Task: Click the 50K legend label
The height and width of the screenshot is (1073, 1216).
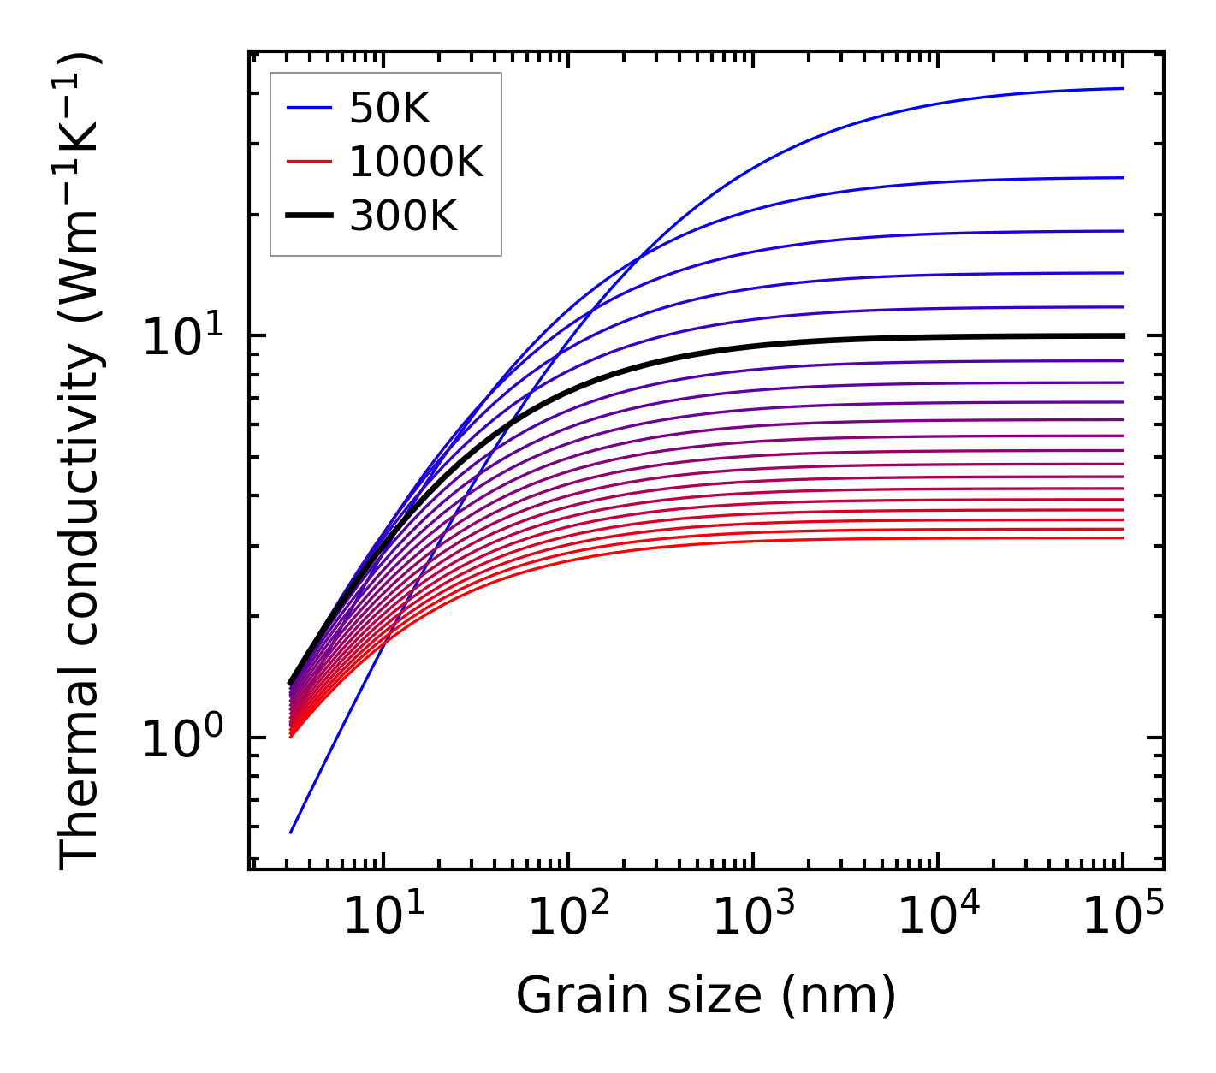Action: [x=389, y=109]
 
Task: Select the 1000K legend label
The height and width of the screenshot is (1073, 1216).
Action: [x=416, y=163]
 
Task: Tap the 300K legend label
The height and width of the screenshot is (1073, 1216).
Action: [x=403, y=217]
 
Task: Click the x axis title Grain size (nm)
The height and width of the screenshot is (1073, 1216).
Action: [x=706, y=996]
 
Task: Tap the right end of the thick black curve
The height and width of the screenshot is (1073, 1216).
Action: [x=1122, y=335]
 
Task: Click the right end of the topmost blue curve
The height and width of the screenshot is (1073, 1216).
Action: [x=1122, y=88]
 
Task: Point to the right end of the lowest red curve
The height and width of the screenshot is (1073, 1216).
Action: [x=1122, y=537]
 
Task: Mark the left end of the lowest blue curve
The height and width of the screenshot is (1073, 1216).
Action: [x=291, y=833]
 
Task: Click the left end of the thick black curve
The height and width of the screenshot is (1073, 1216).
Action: [x=291, y=683]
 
